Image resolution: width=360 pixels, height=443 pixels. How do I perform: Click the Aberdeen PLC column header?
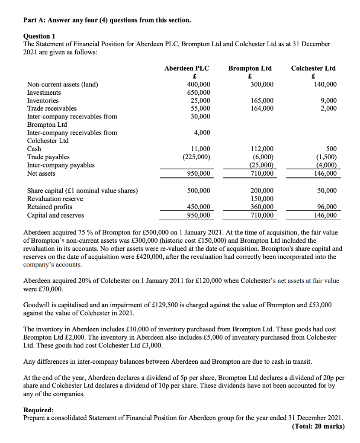pyautogui.click(x=186, y=68)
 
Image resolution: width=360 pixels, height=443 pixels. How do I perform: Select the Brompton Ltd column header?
pyautogui.click(x=250, y=68)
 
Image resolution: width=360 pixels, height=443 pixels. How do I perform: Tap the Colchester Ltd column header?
pyautogui.click(x=313, y=68)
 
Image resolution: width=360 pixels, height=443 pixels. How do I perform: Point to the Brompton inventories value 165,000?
pyautogui.click(x=262, y=101)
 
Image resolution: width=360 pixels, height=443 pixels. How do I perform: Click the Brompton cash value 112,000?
pyautogui.click(x=262, y=149)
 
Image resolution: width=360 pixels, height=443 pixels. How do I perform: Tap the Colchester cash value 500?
pyautogui.click(x=331, y=149)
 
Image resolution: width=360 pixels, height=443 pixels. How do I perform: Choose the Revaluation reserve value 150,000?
pyautogui.click(x=262, y=199)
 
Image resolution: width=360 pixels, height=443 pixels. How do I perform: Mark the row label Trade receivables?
pyautogui.click(x=52, y=109)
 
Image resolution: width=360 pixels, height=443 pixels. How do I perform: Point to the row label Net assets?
pyautogui.click(x=41, y=173)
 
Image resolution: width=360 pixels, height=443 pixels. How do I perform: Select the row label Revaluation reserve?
pyautogui.click(x=55, y=199)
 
